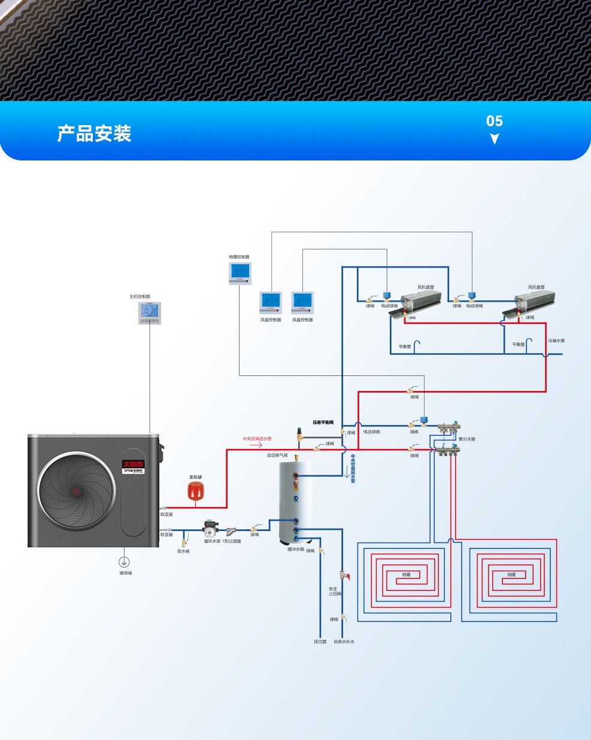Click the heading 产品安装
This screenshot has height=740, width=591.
tap(94, 134)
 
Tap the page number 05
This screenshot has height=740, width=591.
tap(494, 121)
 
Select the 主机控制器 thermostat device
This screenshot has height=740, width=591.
tap(150, 313)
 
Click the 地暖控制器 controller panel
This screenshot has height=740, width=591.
tap(240, 272)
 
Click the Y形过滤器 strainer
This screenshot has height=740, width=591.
tap(231, 530)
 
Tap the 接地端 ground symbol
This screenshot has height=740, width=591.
tap(125, 562)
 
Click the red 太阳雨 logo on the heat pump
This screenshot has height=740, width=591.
tap(134, 464)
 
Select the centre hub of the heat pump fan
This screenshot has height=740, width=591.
tap(77, 492)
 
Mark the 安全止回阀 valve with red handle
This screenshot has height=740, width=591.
tap(344, 575)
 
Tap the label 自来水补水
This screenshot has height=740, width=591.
tap(344, 642)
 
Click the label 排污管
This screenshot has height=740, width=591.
tap(320, 642)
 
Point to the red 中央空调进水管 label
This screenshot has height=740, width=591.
tap(257, 439)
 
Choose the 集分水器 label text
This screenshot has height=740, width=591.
tap(467, 439)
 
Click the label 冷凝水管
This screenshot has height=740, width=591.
tap(556, 341)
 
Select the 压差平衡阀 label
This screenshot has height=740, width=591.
tap(323, 423)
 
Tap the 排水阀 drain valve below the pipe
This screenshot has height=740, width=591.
tap(184, 542)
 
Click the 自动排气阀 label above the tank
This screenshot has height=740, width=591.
tap(277, 456)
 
